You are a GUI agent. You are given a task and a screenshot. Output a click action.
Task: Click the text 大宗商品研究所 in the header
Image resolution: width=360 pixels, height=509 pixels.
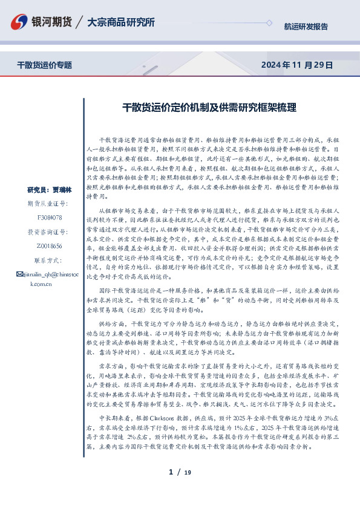click(x=121, y=22)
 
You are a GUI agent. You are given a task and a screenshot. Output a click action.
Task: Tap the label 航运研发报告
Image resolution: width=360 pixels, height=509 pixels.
click(x=306, y=27)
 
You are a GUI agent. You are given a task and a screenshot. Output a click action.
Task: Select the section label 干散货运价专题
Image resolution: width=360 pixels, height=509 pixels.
click(x=44, y=65)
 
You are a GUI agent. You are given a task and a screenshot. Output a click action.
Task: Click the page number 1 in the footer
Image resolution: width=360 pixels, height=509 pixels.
click(x=171, y=472)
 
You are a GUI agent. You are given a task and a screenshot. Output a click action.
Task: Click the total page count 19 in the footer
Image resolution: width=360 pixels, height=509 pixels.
click(x=188, y=472)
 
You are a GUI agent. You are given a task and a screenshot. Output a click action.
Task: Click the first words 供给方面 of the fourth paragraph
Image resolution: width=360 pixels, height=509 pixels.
click(x=111, y=325)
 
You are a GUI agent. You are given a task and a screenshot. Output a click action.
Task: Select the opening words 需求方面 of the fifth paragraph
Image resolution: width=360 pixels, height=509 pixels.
click(x=111, y=366)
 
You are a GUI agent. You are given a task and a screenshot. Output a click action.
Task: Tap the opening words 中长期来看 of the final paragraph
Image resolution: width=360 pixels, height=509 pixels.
click(x=113, y=418)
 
